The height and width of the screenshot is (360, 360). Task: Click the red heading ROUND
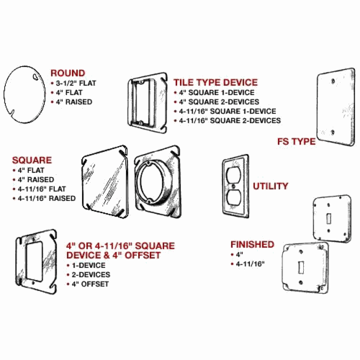pos(68,73)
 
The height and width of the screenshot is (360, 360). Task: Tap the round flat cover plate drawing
pos(24,94)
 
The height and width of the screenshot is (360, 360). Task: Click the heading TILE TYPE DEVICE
pos(215,82)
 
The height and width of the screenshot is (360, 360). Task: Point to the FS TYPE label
pos(297,141)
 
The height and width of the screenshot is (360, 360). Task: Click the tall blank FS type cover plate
pos(336,107)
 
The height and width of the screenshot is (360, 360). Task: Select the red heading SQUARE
pos(32,160)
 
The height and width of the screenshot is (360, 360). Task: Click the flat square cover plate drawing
pos(104,181)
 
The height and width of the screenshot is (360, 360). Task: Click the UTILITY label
pos(270,186)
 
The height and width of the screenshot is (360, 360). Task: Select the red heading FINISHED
pos(252,244)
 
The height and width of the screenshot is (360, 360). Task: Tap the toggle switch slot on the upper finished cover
pos(329,218)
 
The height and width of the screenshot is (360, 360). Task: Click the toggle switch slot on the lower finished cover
pos(301,267)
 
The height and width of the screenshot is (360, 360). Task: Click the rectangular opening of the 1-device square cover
pos(35,261)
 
